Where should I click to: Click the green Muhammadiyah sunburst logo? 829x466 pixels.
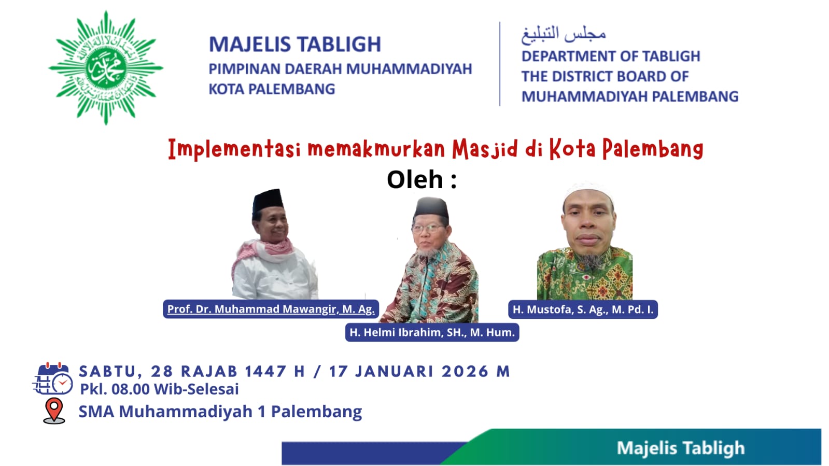coord(106,68)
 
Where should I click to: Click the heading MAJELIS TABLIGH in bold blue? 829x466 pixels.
coord(294,45)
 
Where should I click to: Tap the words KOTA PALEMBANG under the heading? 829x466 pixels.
coord(272,89)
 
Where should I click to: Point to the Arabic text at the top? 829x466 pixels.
coord(563,34)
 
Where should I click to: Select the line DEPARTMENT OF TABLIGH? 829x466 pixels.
coord(610,56)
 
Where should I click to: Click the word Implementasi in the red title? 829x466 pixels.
coord(234,149)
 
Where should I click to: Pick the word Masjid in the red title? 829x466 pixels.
coord(485,149)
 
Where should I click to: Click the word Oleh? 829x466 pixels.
coord(415,180)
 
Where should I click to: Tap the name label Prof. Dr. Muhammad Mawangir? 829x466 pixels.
coord(271,309)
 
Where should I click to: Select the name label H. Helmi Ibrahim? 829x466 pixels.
coord(432,332)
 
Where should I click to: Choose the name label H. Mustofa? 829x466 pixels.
coord(583,309)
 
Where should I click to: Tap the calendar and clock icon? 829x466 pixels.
coord(53,379)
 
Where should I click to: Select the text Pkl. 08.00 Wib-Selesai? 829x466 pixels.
coord(159,389)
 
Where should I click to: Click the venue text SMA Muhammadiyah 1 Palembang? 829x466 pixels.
coord(220,412)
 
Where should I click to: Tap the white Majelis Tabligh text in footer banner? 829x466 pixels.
coord(680,448)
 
